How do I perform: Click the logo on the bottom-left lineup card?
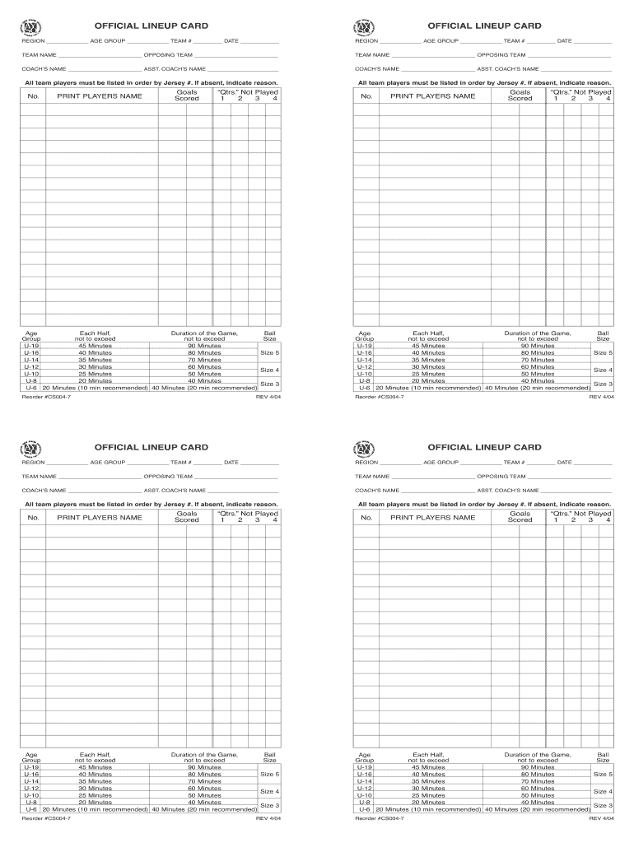[x=31, y=447]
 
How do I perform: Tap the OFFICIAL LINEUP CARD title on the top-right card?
[x=485, y=26]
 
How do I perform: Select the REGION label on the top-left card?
[x=33, y=40]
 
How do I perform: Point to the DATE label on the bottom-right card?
[x=564, y=462]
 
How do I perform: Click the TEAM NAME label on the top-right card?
[x=372, y=54]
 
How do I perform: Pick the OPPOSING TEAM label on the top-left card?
[x=168, y=54]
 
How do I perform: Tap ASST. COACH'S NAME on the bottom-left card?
[x=175, y=491]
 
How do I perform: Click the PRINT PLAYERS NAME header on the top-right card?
[x=432, y=96]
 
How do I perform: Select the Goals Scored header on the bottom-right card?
[x=520, y=517]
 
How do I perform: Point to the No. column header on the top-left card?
[x=33, y=96]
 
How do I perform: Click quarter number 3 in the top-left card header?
[x=257, y=99]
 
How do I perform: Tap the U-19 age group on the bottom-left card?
[x=31, y=767]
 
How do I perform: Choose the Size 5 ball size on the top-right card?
[x=603, y=352]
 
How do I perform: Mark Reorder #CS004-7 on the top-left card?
[x=46, y=396]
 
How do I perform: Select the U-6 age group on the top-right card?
[x=364, y=388]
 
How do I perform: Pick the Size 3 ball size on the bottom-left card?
[x=269, y=805]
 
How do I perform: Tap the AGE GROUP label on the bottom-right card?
[x=441, y=462]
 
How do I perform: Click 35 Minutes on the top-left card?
[x=95, y=360]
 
